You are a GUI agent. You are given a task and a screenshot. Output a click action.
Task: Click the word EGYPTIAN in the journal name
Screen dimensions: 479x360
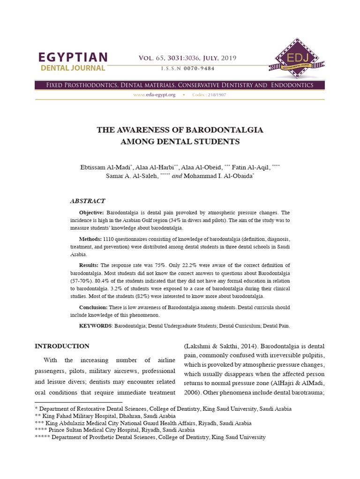tap(73, 58)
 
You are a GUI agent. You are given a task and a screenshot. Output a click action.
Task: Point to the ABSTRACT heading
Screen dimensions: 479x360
tap(88, 201)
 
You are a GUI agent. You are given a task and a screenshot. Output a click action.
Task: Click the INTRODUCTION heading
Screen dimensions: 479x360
tap(62, 346)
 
